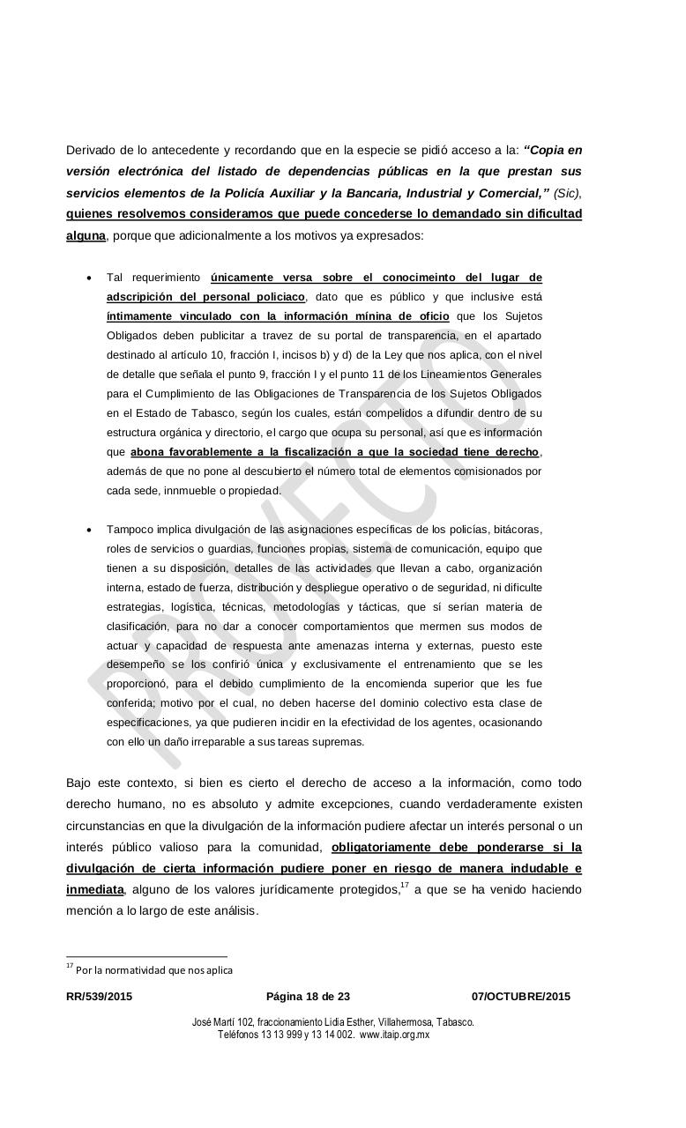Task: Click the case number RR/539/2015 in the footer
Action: pyautogui.click(x=100, y=997)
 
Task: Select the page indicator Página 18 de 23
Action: pyautogui.click(x=308, y=997)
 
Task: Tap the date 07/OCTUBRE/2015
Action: pyautogui.click(x=520, y=997)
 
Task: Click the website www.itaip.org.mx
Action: pyautogui.click(x=394, y=1035)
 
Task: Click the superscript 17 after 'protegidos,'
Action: pyautogui.click(x=405, y=885)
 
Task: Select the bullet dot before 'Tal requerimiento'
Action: pyautogui.click(x=89, y=278)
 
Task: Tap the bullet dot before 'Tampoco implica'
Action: pyautogui.click(x=89, y=531)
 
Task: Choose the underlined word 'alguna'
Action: pyautogui.click(x=86, y=235)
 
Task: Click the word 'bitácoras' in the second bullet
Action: pyautogui.click(x=517, y=530)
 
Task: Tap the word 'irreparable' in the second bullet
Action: pyautogui.click(x=200, y=742)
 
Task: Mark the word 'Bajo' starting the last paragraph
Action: pyautogui.click(x=79, y=783)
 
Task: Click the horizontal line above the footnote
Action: pyautogui.click(x=146, y=956)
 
